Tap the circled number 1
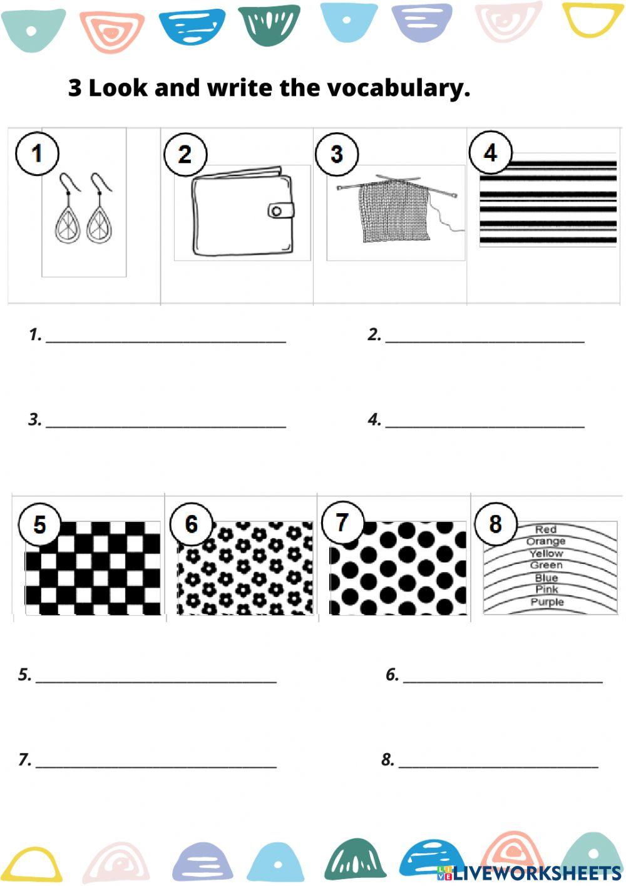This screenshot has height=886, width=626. (37, 153)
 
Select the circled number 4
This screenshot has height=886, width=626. (490, 152)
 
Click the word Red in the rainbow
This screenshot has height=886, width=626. (546, 529)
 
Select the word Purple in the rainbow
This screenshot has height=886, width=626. (547, 602)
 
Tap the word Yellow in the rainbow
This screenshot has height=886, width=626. (546, 554)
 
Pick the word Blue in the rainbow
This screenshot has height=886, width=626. (546, 578)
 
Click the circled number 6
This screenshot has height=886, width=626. (192, 524)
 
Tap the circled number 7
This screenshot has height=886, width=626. (342, 523)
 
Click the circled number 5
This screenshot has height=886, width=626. (39, 524)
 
